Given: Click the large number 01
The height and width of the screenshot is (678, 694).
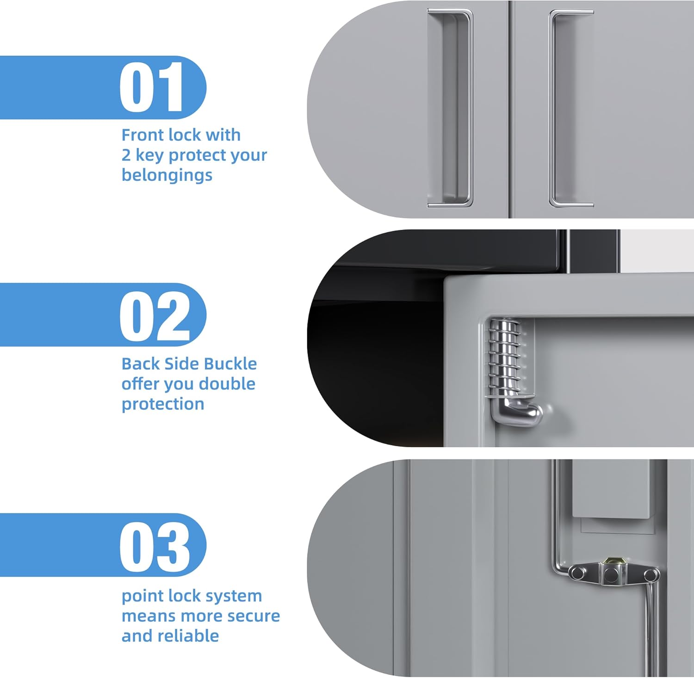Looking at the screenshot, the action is [x=151, y=87].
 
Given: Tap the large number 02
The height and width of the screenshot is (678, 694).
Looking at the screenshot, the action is [x=155, y=316].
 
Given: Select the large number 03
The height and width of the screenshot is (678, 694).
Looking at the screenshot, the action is [x=155, y=547].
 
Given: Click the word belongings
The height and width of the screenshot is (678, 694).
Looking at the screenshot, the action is [x=167, y=176].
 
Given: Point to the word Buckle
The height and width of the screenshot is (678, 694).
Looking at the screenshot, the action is [x=229, y=364].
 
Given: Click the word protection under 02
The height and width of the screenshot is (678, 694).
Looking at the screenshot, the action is [x=163, y=404].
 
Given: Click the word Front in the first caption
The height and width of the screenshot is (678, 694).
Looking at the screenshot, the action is [x=143, y=135].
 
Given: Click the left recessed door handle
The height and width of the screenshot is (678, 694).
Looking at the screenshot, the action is [x=450, y=108].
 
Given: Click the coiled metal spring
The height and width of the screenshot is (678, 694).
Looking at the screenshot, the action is [x=506, y=357].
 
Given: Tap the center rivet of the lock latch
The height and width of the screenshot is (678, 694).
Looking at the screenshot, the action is [x=611, y=575].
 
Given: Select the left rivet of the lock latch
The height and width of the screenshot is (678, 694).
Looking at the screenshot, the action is [x=577, y=573].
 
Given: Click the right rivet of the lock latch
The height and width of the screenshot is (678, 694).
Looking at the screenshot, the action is [x=651, y=576].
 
